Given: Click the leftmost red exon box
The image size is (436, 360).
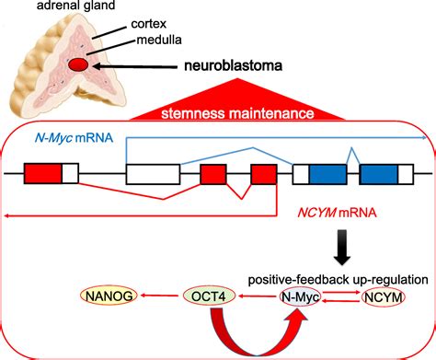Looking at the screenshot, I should [42, 173].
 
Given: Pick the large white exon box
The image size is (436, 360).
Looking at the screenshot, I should [152, 174].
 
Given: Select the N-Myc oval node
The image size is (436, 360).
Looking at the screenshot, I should [302, 296].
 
